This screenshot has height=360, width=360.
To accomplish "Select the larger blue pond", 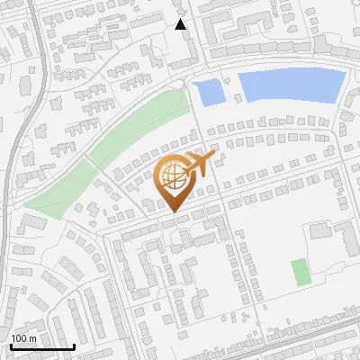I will click(x=291, y=85).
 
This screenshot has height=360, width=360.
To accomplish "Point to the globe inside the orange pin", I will click(x=172, y=177).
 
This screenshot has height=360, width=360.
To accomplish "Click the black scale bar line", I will click(x=41, y=347).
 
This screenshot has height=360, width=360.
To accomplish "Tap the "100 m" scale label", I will click(x=23, y=338).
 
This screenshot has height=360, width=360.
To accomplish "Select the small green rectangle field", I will click(x=300, y=272).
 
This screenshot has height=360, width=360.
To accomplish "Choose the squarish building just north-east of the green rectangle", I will click(x=321, y=230).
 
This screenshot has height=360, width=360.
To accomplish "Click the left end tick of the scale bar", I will click(x=10, y=346).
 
